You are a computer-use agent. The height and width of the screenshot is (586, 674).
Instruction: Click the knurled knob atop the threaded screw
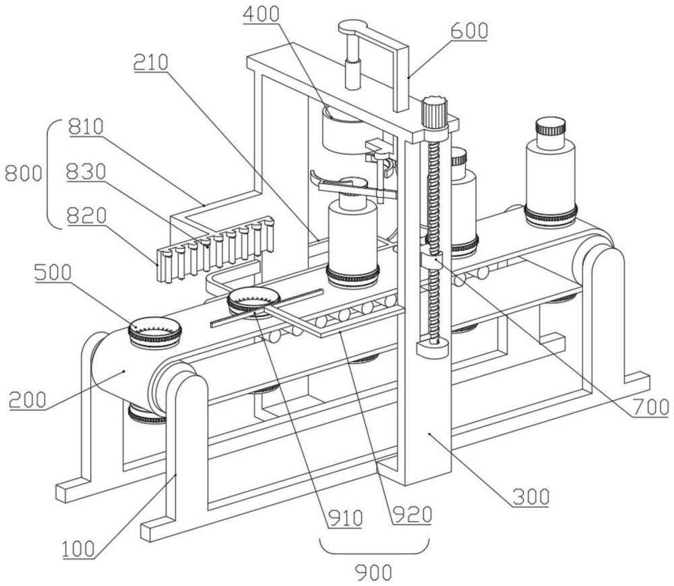[435, 110]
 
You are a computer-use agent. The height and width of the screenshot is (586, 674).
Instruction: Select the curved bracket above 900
[374, 547]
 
